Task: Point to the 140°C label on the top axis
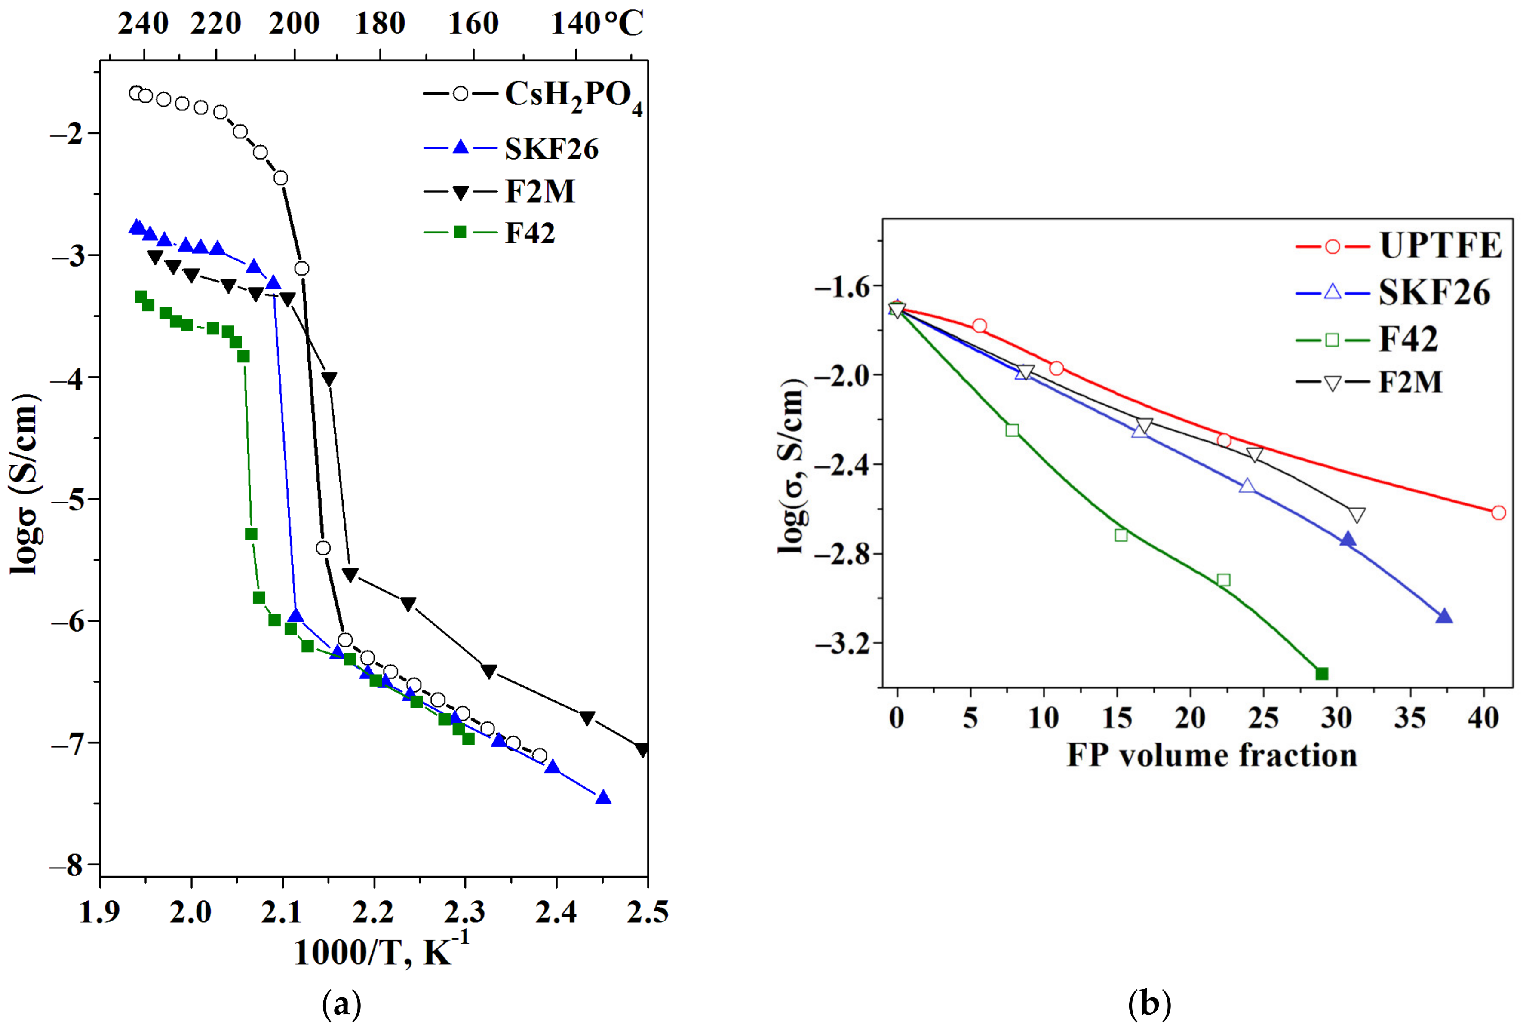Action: [597, 24]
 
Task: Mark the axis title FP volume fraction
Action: [1212, 756]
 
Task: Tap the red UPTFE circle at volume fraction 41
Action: [1498, 512]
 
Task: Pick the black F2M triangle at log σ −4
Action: [329, 379]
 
